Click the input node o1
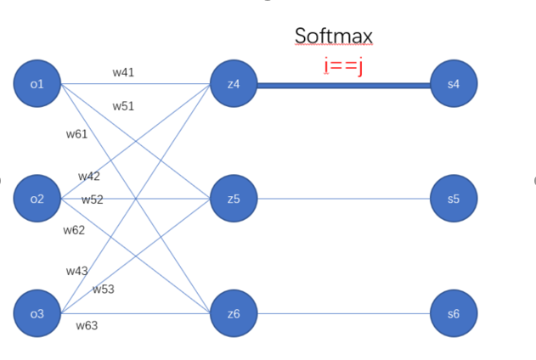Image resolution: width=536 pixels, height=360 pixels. [x=37, y=84]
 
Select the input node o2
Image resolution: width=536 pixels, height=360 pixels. [x=37, y=199]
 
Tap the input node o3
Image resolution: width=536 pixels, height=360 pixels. [x=37, y=313]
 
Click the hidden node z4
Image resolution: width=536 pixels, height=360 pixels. [x=234, y=84]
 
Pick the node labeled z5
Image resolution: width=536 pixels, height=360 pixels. [x=234, y=199]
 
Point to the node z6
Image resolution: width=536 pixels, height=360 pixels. [x=234, y=313]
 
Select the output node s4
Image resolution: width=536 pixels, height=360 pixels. [x=453, y=84]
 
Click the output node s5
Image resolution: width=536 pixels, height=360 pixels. [x=453, y=199]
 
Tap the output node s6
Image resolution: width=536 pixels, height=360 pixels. [x=453, y=313]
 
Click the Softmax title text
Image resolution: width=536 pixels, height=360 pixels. [x=333, y=36]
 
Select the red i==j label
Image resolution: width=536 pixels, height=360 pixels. [x=343, y=65]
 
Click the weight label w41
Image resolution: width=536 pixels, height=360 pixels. [x=123, y=73]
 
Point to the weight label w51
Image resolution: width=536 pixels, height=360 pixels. [x=123, y=106]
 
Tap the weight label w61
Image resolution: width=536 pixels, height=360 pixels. [x=76, y=134]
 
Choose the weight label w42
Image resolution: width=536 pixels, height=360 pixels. [x=89, y=177]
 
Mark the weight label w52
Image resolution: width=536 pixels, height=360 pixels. [x=93, y=200]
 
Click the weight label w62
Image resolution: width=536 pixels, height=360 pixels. [x=74, y=230]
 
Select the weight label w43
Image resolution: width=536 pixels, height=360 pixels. [x=77, y=270]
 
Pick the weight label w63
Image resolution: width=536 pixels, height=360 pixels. [x=87, y=325]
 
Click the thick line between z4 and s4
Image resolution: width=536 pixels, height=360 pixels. [x=343, y=85]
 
